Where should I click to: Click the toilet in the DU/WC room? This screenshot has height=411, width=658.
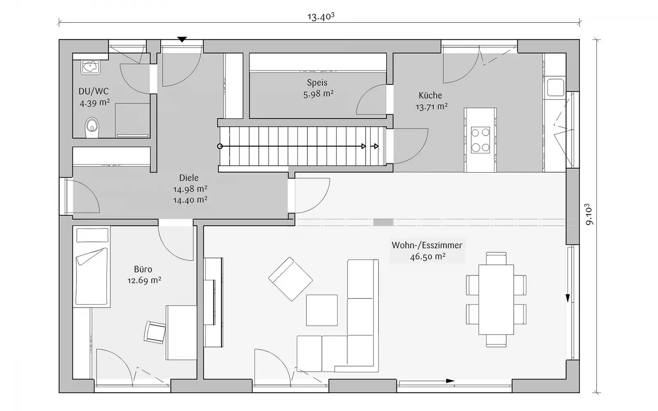click(x=92, y=128)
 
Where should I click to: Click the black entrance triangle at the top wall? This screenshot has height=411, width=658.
click(x=182, y=39)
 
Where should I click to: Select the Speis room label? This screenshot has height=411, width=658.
click(x=317, y=83)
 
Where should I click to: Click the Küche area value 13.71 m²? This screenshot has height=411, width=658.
click(x=431, y=106)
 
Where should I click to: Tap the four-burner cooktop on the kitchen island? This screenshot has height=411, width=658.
click(x=480, y=140)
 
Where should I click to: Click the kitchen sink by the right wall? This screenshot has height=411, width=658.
click(x=555, y=87)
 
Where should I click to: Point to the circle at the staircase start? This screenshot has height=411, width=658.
click(x=220, y=146)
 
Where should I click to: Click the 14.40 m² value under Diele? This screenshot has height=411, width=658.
click(x=190, y=200)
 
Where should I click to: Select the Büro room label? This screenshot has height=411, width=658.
click(x=143, y=269)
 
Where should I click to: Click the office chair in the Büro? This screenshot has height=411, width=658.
click(x=155, y=332)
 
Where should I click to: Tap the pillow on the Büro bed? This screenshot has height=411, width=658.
click(x=92, y=235)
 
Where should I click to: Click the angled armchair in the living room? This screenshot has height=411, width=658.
click(x=290, y=279)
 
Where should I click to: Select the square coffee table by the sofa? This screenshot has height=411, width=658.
click(x=322, y=310)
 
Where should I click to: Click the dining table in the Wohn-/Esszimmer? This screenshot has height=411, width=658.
click(x=496, y=300)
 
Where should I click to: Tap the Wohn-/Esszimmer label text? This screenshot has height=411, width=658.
click(x=427, y=245)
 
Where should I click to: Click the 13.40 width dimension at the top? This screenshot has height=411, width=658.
click(x=321, y=17)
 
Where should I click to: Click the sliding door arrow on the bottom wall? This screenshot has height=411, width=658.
click(x=450, y=381)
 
